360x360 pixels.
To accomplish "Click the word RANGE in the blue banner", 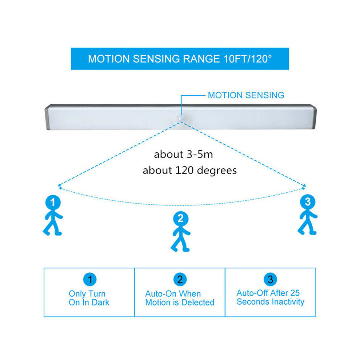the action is coord(201,59).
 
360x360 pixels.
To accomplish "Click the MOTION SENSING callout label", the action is coord(246,95).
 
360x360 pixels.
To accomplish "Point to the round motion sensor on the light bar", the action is coord(183,119).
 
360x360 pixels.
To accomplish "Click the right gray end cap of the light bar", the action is coord(314,117).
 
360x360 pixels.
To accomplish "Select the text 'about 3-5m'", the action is coord(183,154).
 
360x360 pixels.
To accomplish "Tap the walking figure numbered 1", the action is coord(53,215).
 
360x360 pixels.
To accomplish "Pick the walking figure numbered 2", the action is coord(181,231).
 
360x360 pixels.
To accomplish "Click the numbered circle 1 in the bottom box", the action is coord(90,279).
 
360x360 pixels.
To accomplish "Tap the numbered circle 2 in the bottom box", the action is coord(180,279).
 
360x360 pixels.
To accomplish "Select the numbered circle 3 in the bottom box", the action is coord(270,279).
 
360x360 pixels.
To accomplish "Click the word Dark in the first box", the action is coord(100,303).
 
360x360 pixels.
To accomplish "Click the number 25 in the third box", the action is coord(295,293).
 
